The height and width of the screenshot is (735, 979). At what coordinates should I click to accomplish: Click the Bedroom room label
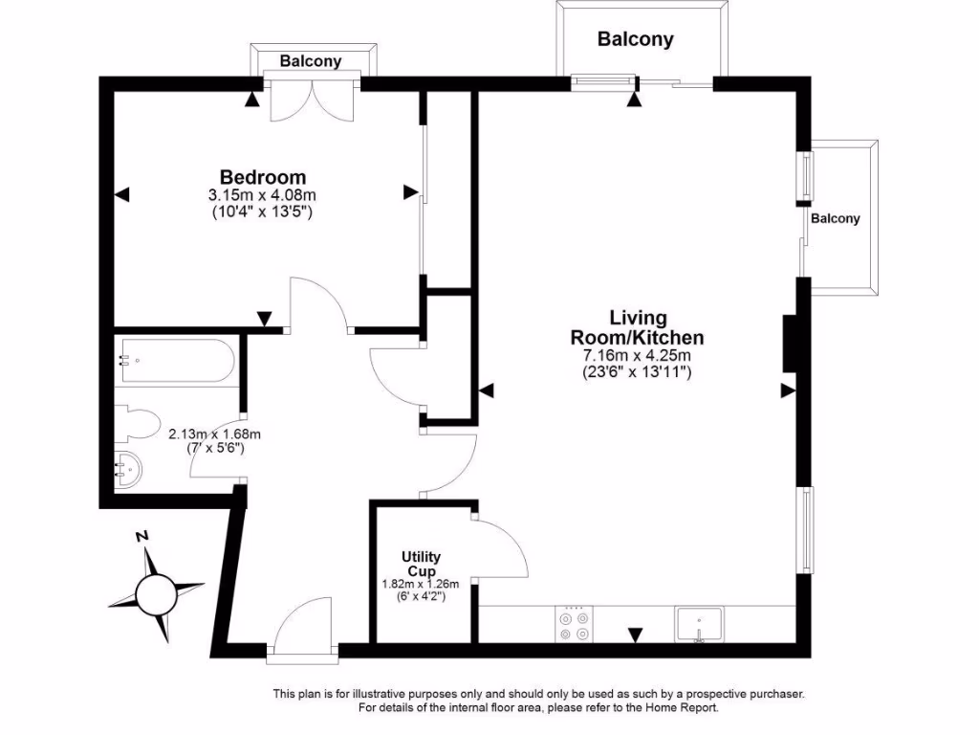tap(263, 177)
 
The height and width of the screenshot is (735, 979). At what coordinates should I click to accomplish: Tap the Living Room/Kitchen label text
tap(638, 328)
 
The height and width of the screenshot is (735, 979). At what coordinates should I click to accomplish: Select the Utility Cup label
tap(421, 564)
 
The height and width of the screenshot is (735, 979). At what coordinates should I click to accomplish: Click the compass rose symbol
tap(155, 594)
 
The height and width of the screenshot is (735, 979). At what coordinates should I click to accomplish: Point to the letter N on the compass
tap(142, 538)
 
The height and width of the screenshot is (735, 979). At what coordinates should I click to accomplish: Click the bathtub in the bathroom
tap(175, 361)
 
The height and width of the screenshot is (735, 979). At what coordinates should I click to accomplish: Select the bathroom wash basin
tap(129, 471)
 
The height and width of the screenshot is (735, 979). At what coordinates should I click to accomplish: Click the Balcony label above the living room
tap(636, 39)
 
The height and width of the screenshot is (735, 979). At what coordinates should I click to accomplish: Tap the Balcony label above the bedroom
tap(310, 61)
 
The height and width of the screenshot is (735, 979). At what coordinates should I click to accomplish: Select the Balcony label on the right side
tap(836, 218)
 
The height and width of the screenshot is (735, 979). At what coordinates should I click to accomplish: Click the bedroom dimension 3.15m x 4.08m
tap(262, 196)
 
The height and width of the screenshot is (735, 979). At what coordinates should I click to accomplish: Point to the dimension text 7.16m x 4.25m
tap(637, 356)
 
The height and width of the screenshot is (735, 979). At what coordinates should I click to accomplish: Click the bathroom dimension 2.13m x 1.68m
tap(214, 434)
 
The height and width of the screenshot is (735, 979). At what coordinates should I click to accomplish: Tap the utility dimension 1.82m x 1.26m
tap(421, 584)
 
